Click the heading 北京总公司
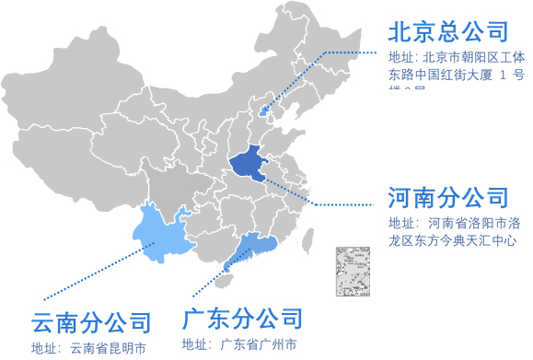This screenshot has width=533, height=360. pyautogui.click(x=448, y=31)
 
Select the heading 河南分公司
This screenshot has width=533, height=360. pyautogui.click(x=448, y=196)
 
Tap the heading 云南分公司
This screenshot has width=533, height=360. pyautogui.click(x=91, y=322)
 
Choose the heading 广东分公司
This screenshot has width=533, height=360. pyautogui.click(x=242, y=319)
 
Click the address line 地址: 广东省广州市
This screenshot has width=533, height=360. pyautogui.click(x=239, y=345)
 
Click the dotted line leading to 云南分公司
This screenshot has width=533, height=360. pyautogui.click(x=101, y=274)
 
